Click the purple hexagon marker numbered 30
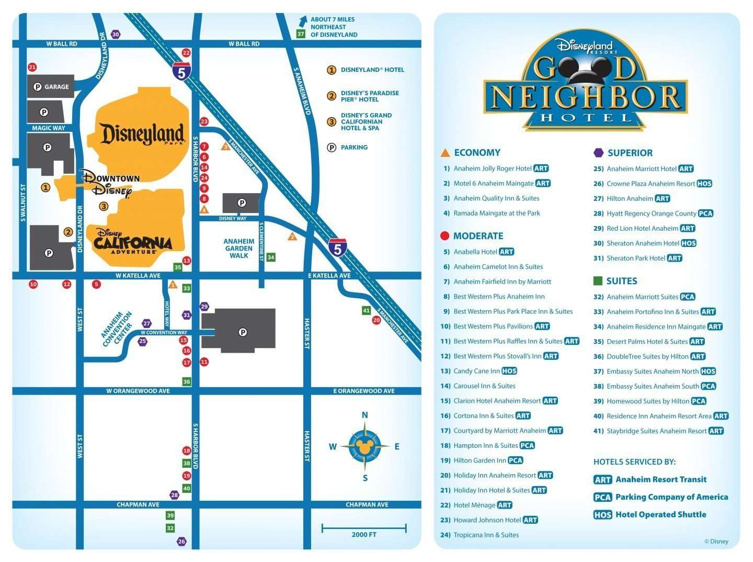pyautogui.click(x=116, y=35)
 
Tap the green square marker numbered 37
pyautogui.click(x=301, y=34)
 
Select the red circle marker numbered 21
pyautogui.click(x=32, y=67)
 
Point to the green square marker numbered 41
pyautogui.click(x=367, y=310)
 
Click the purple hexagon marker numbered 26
pyautogui.click(x=181, y=542)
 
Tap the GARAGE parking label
pyautogui.click(x=51, y=87)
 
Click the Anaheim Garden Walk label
pyautogui.click(x=239, y=249)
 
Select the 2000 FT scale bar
pyautogui.click(x=364, y=529)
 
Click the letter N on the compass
pyautogui.click(x=365, y=415)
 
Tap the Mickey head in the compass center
pyautogui.click(x=365, y=447)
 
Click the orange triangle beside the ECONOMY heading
pyautogui.click(x=446, y=153)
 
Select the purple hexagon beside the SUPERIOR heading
pyautogui.click(x=599, y=153)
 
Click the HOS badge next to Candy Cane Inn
pyautogui.click(x=509, y=371)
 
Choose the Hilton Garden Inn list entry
pyautogui.click(x=480, y=460)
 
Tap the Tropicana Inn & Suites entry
pyautogui.click(x=486, y=535)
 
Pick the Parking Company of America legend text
pyautogui.click(x=671, y=497)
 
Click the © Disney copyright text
pyautogui.click(x=716, y=542)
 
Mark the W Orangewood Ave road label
pyautogui.click(x=138, y=391)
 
